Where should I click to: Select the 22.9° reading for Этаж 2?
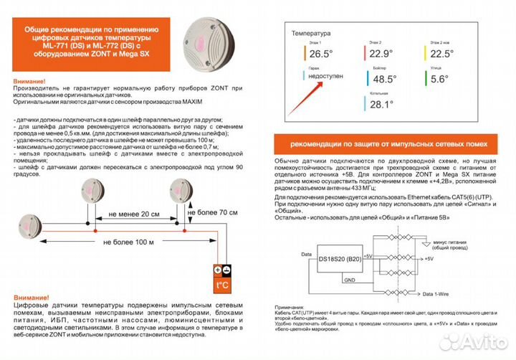tap(382, 54)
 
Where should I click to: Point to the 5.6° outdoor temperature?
tap(439, 80)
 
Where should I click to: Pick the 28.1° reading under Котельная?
tap(381, 105)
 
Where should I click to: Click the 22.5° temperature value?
tap(442, 54)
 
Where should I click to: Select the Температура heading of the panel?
tap(310, 33)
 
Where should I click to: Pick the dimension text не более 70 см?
tap(212, 213)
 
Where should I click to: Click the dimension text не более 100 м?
tap(129, 242)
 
